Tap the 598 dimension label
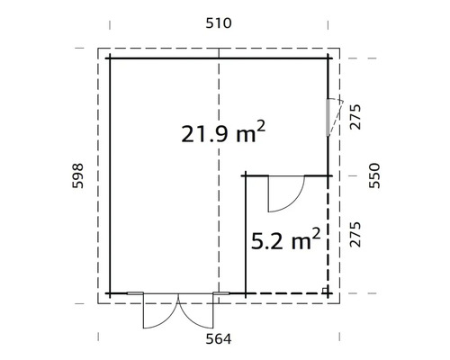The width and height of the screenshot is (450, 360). [78, 178]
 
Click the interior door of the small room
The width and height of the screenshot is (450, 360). [286, 193]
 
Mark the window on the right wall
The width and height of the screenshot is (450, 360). [329, 114]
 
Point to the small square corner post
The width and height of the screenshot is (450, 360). [325, 290]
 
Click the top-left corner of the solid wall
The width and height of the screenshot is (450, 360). [110, 58]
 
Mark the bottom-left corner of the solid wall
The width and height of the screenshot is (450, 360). [110, 293]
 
